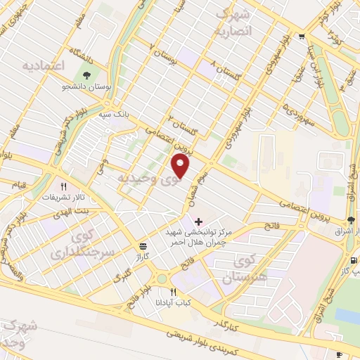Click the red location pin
tap(181, 166)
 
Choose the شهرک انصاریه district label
tap(231, 22)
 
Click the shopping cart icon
tap(302, 37)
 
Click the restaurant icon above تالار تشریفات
tap(64, 186)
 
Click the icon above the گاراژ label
tap(143, 247)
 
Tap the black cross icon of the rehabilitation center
tap(198, 221)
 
